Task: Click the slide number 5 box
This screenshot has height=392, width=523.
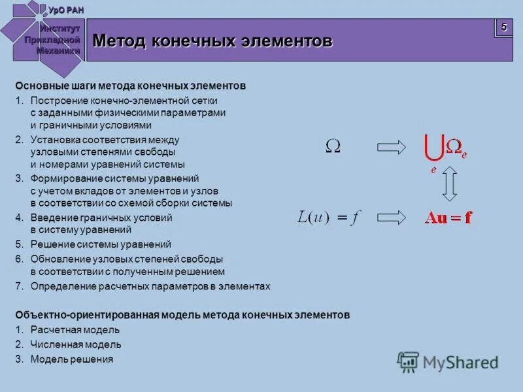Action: [503, 27]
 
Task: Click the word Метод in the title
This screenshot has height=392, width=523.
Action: [120, 41]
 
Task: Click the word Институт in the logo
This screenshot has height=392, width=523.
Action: [59, 29]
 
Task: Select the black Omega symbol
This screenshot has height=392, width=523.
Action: [333, 146]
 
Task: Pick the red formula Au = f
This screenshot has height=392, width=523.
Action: [448, 218]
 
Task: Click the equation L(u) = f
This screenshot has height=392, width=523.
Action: [329, 218]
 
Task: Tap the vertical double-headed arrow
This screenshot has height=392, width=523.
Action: [448, 183]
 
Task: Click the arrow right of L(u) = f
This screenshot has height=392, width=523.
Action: [392, 218]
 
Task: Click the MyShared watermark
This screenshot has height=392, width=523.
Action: [448, 362]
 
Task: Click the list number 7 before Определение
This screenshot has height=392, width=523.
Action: [19, 286]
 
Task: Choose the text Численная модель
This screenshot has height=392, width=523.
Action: [76, 344]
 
